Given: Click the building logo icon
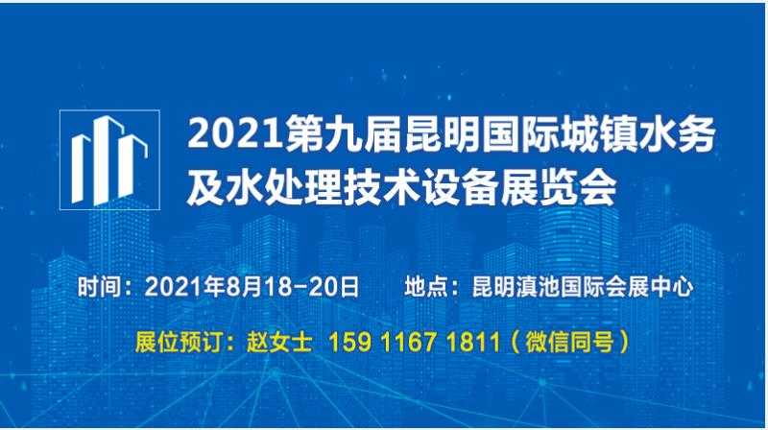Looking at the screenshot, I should click(x=109, y=159).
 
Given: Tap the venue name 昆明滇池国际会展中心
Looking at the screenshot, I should click(x=577, y=285).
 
